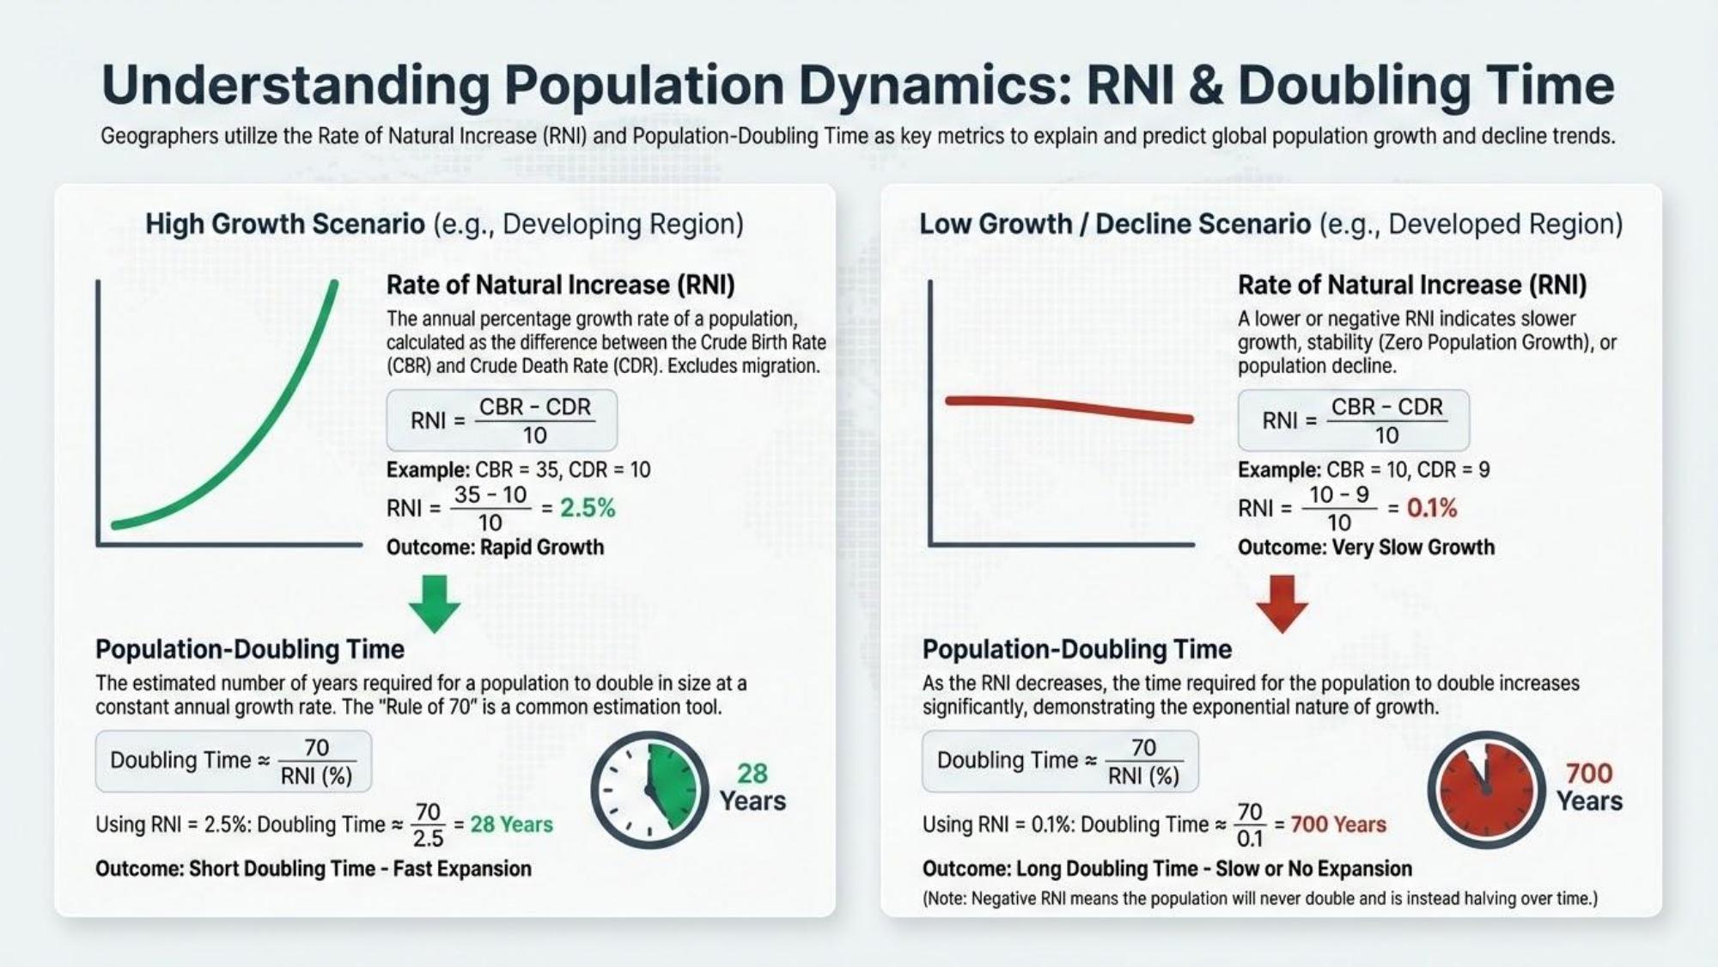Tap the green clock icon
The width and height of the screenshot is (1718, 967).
pos(649,789)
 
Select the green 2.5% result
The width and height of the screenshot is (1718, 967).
pos(588,508)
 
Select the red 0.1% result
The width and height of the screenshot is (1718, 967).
pos(1432,508)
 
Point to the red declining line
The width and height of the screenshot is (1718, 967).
pos(1069,407)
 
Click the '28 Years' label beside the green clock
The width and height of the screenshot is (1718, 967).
pos(752,786)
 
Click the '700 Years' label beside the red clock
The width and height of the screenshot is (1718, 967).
pos(1589,786)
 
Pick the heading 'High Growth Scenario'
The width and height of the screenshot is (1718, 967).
pos(284,224)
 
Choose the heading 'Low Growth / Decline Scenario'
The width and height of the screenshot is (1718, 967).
pos(1115,224)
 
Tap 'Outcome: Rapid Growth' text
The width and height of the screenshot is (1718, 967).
pos(495,548)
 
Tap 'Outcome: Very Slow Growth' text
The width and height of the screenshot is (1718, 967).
pos(1366,548)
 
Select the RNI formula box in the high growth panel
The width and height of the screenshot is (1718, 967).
pos(502,420)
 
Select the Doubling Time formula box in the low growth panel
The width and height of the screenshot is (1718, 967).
pos(1060,762)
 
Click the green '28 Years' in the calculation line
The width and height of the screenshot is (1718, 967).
pos(511,824)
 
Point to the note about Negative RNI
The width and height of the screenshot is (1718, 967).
pos(1259,899)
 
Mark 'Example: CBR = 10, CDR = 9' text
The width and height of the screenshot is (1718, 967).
pos(1363,470)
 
